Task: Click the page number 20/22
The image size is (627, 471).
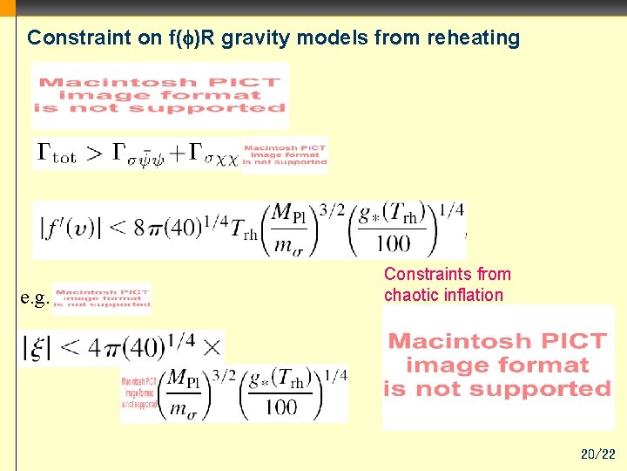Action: click(597, 454)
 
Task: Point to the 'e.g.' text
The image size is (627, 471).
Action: click(34, 298)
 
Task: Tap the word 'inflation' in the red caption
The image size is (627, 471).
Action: click(474, 295)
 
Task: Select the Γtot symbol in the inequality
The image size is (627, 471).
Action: click(57, 154)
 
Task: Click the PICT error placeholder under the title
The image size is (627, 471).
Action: click(160, 95)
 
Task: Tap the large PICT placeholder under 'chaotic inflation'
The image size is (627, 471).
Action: click(497, 365)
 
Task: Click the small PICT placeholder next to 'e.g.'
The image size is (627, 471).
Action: click(102, 297)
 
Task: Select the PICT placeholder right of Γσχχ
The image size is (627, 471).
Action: click(285, 154)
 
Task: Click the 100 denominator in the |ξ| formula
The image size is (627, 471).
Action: click(280, 406)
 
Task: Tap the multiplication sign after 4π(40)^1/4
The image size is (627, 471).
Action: click(212, 347)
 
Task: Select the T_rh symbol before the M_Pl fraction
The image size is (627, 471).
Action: click(243, 229)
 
